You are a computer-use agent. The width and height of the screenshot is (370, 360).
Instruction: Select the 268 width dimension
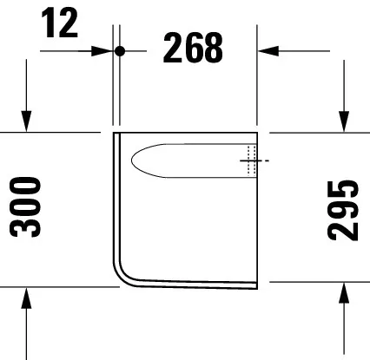point(193,50)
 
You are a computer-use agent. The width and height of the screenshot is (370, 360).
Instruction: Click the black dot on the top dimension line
point(121,50)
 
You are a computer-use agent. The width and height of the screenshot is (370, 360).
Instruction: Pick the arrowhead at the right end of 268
point(265,50)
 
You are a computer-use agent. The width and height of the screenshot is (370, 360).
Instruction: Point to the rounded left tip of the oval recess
point(132,159)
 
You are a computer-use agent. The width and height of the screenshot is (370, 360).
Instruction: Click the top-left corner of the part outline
point(115,134)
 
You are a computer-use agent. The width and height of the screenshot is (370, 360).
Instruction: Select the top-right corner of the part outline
point(259,134)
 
